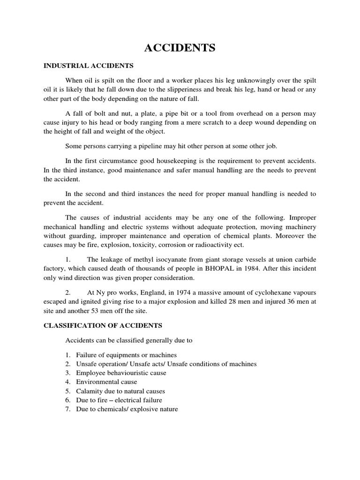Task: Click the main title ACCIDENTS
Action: pos(180,48)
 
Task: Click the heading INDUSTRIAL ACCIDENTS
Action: pos(89,66)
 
